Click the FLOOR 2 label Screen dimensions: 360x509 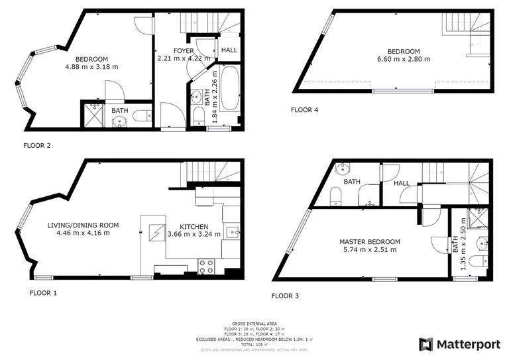(x=37, y=145)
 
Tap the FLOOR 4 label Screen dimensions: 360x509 (x=305, y=110)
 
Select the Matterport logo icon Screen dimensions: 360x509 (x=426, y=344)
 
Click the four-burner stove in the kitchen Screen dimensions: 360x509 (x=206, y=267)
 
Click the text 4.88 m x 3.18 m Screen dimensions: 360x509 (x=91, y=66)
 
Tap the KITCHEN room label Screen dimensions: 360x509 (x=193, y=226)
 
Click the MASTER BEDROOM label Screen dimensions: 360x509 (x=369, y=241)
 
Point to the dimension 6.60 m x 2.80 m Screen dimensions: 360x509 (x=404, y=60)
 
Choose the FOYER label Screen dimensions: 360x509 (x=184, y=51)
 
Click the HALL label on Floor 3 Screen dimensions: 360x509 (x=401, y=184)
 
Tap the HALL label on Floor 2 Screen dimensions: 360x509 (x=229, y=50)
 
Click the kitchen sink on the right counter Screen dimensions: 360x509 (x=231, y=231)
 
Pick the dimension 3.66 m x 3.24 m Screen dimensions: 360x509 (x=193, y=234)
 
